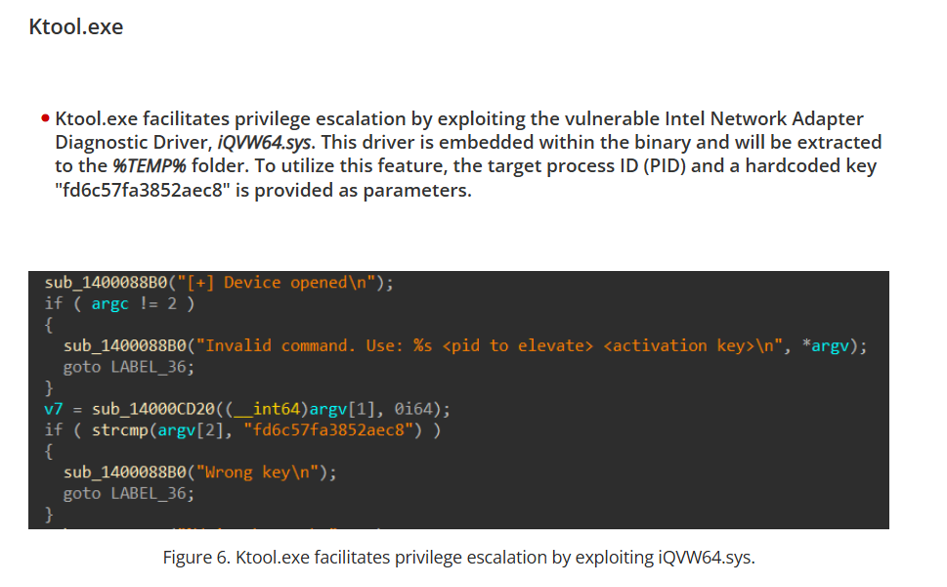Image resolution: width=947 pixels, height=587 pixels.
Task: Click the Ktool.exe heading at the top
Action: [76, 26]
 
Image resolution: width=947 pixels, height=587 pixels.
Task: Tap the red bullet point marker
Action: [45, 119]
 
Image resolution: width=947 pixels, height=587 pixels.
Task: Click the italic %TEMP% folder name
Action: [150, 165]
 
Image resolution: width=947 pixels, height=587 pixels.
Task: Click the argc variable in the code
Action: [109, 303]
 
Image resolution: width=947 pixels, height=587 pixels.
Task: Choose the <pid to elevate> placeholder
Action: [518, 345]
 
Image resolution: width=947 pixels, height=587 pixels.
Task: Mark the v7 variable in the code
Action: [54, 408]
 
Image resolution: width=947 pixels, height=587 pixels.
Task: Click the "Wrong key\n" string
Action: [263, 473]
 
